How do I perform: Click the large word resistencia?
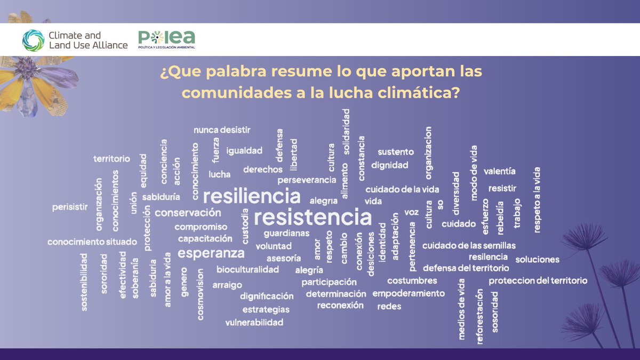[x=313, y=218]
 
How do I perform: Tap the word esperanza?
[x=211, y=253]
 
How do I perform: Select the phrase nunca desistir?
[x=222, y=130]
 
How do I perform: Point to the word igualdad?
[x=244, y=151]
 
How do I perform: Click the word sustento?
[x=396, y=152]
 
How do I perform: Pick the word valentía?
[x=499, y=171]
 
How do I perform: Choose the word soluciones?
[x=537, y=260]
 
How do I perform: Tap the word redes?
[x=389, y=306]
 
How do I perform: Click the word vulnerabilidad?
[x=254, y=322]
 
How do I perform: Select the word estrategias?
[x=266, y=309]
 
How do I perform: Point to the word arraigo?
[x=227, y=285]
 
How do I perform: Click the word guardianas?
[x=286, y=233]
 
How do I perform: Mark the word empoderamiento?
[x=408, y=293]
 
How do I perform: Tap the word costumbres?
[x=412, y=281]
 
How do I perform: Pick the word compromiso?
[x=201, y=227]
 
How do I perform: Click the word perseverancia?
[x=307, y=180]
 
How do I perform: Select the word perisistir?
[x=70, y=207]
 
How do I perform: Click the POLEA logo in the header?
[x=166, y=39]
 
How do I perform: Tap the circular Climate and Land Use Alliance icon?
[x=33, y=40]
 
